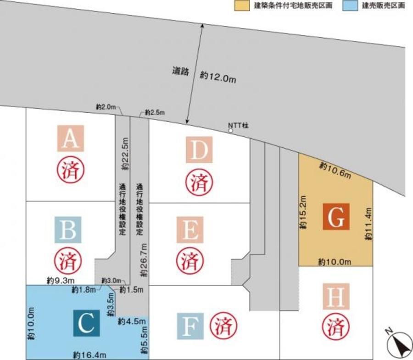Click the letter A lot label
coord(70,138)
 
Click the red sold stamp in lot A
coord(70,170)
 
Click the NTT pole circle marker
coord(231,131)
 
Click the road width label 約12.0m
coord(218,76)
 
